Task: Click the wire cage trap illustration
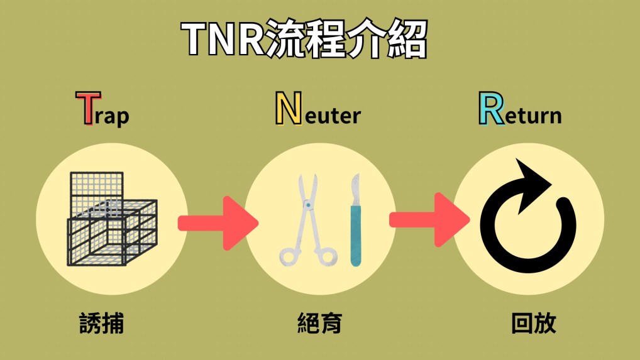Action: coord(111,219)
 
